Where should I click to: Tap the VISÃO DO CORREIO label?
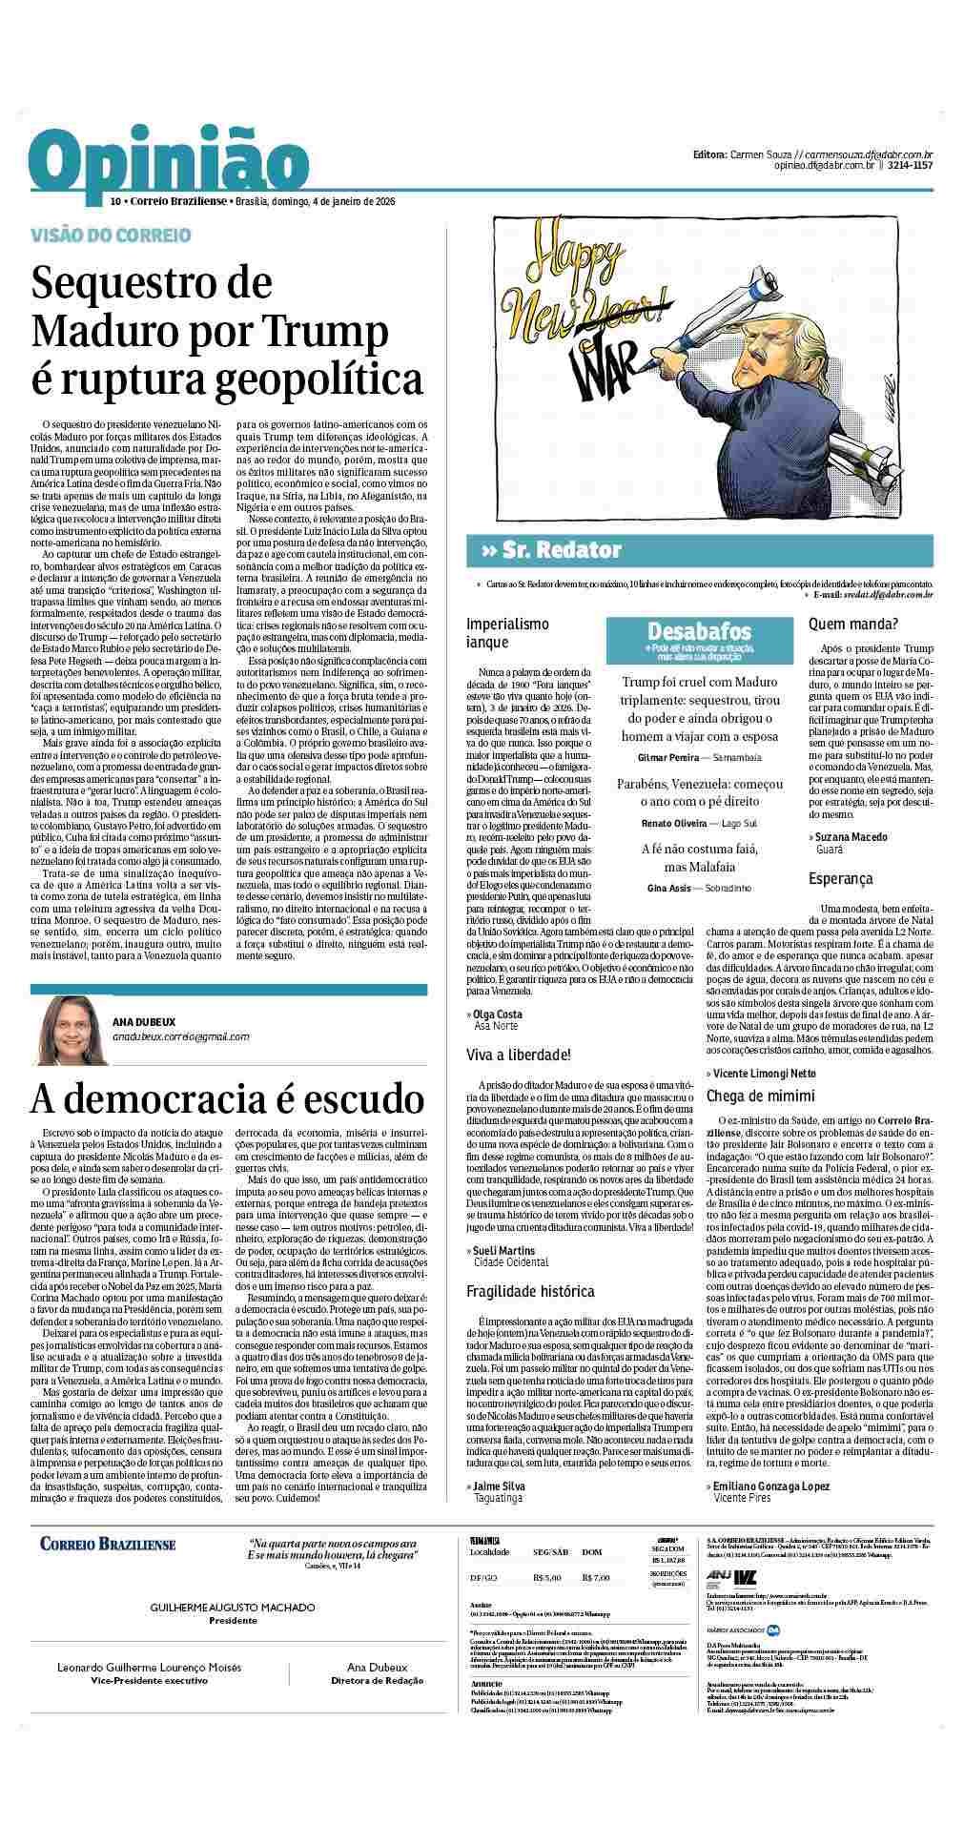tap(111, 236)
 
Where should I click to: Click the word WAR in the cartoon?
tap(610, 366)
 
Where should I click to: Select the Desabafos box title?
tap(699, 631)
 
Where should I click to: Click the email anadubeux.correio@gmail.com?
tap(181, 1036)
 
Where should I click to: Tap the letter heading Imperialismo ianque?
tap(507, 633)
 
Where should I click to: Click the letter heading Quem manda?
tap(852, 625)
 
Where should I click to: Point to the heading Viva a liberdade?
tap(518, 1055)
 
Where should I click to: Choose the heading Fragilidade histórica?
tap(530, 1291)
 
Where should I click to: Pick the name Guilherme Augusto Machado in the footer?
tap(233, 1608)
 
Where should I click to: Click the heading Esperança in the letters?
tap(840, 878)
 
